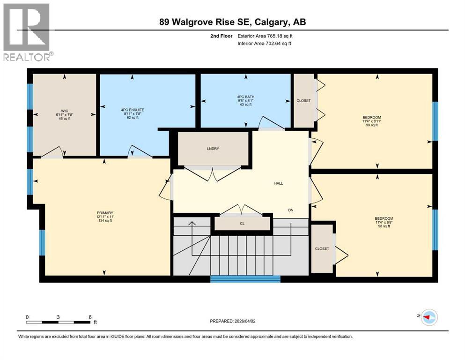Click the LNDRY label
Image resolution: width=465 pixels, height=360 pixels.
coord(213,149)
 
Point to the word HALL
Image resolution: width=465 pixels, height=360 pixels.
coord(279,183)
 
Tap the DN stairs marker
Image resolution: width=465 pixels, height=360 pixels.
coord(291,210)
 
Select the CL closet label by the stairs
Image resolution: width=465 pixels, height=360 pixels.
coord(242,224)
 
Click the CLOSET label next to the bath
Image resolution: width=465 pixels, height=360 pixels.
coord(303,101)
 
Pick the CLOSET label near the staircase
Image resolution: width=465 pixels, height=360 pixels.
coord(322,248)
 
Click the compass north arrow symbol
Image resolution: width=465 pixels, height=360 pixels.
coord(428,317)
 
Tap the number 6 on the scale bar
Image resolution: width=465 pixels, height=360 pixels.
coord(90,316)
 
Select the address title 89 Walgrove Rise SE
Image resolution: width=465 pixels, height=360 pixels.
coord(232,22)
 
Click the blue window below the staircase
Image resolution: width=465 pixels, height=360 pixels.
coord(245,279)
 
